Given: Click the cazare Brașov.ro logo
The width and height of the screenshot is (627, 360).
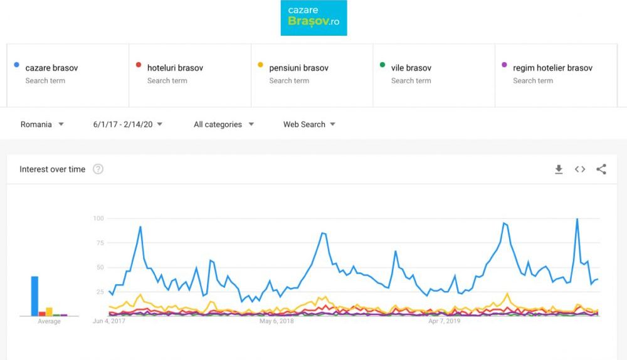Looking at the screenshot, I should [313, 18].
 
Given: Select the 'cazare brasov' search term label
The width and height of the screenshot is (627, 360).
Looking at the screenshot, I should [51, 68].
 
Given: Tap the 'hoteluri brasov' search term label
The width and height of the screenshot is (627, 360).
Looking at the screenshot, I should [175, 68].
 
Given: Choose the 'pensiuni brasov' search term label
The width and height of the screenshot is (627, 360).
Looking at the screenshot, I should [298, 68].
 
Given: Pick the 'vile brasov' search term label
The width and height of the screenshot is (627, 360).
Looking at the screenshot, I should [411, 68].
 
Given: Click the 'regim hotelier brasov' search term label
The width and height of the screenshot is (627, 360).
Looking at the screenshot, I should [552, 68].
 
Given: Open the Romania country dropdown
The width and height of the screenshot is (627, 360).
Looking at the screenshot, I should [42, 124].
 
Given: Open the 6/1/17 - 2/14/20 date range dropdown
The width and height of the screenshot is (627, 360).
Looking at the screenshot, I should [128, 124].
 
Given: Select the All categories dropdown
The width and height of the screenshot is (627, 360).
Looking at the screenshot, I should [224, 124].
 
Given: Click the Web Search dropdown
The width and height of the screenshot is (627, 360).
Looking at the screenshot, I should [309, 124].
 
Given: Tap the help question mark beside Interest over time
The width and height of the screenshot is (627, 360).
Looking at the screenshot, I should [98, 169].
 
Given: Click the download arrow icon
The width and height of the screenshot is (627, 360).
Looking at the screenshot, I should [559, 169].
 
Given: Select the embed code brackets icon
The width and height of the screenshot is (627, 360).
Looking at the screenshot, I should [580, 169].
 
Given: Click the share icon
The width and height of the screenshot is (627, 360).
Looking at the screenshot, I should [601, 169].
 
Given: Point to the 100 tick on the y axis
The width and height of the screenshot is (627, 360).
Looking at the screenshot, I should [98, 218].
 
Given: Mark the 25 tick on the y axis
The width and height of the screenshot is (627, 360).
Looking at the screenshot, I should [99, 292].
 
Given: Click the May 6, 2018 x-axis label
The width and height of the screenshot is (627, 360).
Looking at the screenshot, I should [277, 321].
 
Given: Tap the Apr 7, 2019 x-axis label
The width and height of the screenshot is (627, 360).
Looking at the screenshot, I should [444, 321].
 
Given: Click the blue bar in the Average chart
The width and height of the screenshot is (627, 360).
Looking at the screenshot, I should [34, 296].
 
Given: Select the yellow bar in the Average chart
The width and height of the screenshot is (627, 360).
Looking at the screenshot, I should [49, 312].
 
